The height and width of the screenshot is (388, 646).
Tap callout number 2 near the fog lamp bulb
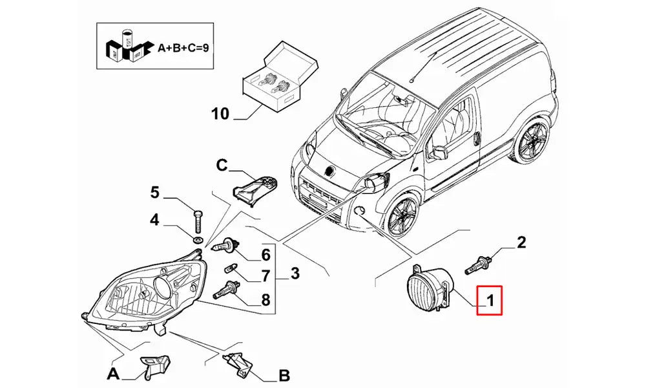[x=521, y=242]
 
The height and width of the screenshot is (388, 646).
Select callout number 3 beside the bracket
[x=294, y=274]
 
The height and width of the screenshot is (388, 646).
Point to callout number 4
[x=154, y=221]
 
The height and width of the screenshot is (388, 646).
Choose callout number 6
[x=265, y=254]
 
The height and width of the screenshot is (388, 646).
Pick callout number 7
[x=265, y=276]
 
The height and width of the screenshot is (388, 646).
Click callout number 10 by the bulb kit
[x=220, y=114]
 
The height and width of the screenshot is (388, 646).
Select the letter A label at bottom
[x=114, y=374]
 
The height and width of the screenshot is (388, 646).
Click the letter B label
[x=284, y=374]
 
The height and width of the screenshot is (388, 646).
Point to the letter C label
[x=221, y=166]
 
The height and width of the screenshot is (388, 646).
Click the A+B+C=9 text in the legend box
[x=183, y=47]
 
